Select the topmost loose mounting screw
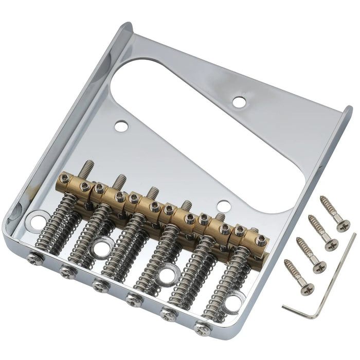click(334, 213)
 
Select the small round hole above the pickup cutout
click(239, 102)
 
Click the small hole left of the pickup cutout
click(121, 125)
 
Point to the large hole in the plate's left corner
click(38, 222)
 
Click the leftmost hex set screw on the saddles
click(64, 178)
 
